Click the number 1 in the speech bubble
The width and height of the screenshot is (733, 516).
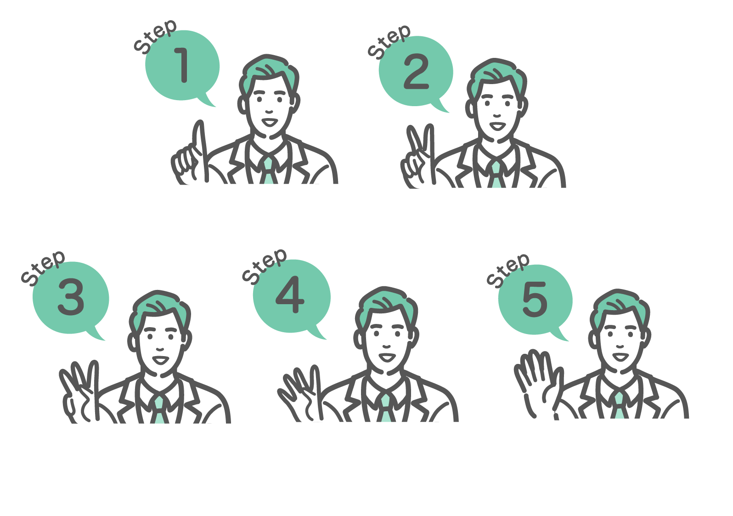point(182,65)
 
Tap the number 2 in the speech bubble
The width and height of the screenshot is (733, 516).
point(416,72)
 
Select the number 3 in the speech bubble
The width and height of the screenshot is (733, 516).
point(71,297)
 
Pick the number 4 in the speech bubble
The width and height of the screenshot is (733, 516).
point(290,295)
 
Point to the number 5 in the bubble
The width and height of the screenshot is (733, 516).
point(535,299)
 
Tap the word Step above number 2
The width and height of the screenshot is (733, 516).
point(389,42)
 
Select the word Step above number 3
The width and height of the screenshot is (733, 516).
point(43,268)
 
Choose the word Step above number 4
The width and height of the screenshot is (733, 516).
point(265,266)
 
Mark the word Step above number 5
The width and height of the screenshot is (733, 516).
point(508,271)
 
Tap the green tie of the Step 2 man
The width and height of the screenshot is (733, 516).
point(496,175)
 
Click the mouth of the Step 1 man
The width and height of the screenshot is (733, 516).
point(270,122)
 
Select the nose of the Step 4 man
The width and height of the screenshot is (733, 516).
point(387,346)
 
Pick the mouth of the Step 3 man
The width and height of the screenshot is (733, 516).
point(161,360)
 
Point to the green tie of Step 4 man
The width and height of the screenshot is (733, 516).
point(386,408)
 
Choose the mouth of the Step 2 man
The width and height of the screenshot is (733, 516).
point(498,126)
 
